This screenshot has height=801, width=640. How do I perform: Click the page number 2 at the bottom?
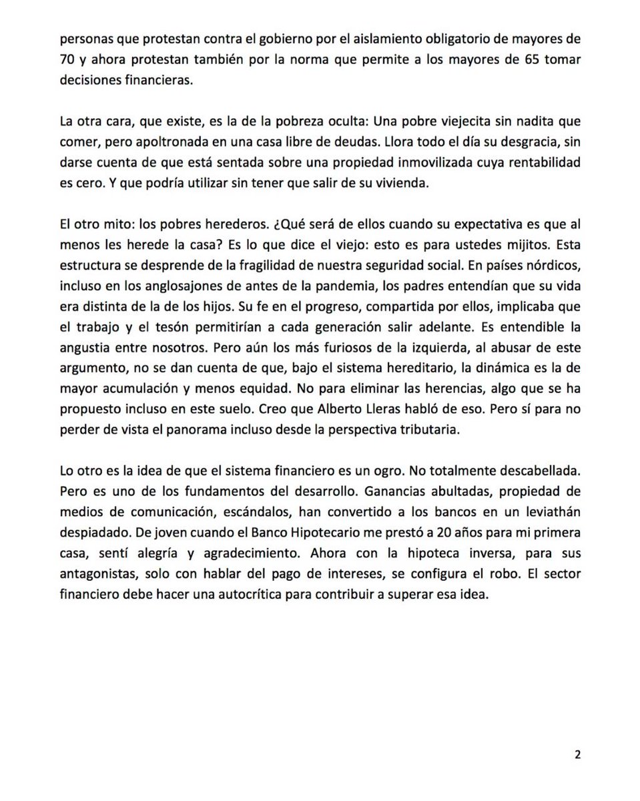coord(577,755)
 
